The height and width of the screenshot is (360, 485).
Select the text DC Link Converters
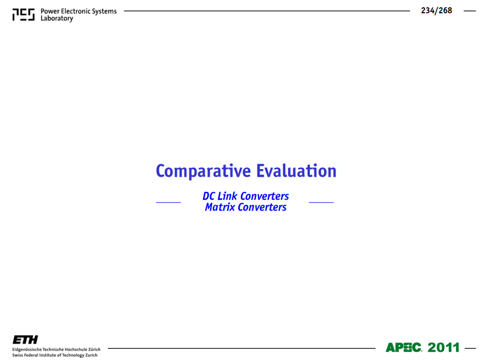(x=246, y=196)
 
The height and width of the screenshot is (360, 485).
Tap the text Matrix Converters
(x=246, y=207)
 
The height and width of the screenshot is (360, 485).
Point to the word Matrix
(x=220, y=207)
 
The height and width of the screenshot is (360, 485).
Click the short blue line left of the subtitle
(x=168, y=202)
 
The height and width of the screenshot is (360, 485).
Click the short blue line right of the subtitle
(x=321, y=202)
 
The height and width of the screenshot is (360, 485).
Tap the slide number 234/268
(x=436, y=10)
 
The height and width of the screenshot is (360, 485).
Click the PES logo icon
(x=24, y=15)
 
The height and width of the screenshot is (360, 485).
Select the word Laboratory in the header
(x=57, y=19)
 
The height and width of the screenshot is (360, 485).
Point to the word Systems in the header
(x=105, y=11)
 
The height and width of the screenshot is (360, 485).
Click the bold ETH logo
(x=25, y=340)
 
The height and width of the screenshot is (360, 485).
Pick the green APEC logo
(x=403, y=347)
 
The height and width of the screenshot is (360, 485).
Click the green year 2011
(x=444, y=347)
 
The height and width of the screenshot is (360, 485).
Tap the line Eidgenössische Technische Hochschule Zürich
(x=56, y=350)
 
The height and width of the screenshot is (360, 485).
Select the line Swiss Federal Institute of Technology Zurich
(x=55, y=355)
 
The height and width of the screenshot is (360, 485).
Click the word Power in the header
(x=50, y=11)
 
